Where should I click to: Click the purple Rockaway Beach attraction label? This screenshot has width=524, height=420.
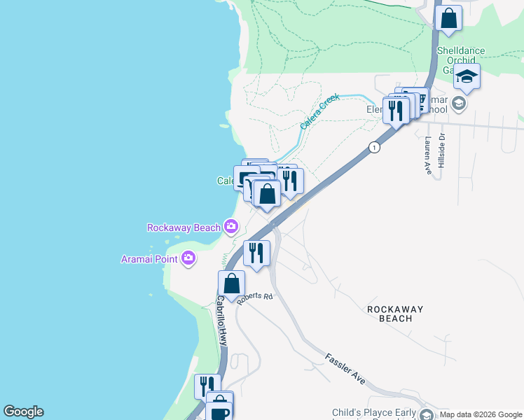184,227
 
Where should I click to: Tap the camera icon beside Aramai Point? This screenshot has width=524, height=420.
188,259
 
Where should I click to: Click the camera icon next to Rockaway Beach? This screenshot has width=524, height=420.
230,226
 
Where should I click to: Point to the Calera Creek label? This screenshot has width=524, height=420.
319,111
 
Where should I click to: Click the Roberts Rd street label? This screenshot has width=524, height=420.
254,297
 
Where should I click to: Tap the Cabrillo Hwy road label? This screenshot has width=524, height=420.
221,321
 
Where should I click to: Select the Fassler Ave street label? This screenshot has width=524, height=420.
345,368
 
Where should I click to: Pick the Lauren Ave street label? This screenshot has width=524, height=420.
427,155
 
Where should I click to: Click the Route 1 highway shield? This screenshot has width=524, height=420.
375,147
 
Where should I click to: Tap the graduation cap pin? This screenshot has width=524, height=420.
467,76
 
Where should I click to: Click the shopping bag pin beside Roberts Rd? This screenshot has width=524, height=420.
231,283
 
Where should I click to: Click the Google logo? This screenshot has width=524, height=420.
23,412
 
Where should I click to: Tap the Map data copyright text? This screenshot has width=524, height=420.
480,414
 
